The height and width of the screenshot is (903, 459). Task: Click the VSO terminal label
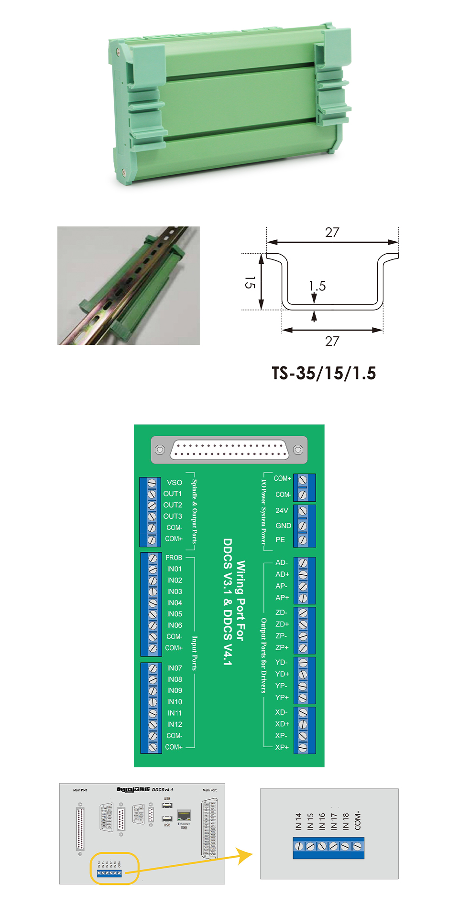coord(175,483)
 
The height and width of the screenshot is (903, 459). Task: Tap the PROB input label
coord(174,558)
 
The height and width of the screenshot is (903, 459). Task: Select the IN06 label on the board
coord(175,625)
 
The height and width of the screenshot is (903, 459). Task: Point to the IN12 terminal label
coord(175,724)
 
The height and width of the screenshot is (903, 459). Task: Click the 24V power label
coord(282,510)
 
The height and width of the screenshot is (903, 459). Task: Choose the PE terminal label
coord(280,540)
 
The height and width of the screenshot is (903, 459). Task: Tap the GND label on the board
coord(283,526)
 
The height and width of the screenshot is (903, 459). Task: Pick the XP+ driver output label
coord(282,747)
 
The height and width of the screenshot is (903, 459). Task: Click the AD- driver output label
coord(282,563)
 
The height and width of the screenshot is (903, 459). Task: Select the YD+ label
coord(282,674)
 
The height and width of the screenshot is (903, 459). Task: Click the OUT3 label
coord(173,516)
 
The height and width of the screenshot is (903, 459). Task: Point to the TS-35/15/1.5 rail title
coord(324,373)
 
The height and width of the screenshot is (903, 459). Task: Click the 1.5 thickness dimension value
coord(317,286)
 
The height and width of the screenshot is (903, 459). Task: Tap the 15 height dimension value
coord(250,282)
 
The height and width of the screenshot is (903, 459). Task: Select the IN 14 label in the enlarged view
coord(298,821)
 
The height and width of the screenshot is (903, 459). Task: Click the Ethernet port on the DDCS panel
coord(184,815)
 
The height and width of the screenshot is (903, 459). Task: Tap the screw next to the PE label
coord(303,540)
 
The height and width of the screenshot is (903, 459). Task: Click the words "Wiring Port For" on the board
coord(240,601)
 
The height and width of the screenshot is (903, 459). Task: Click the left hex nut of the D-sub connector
coord(160,450)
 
